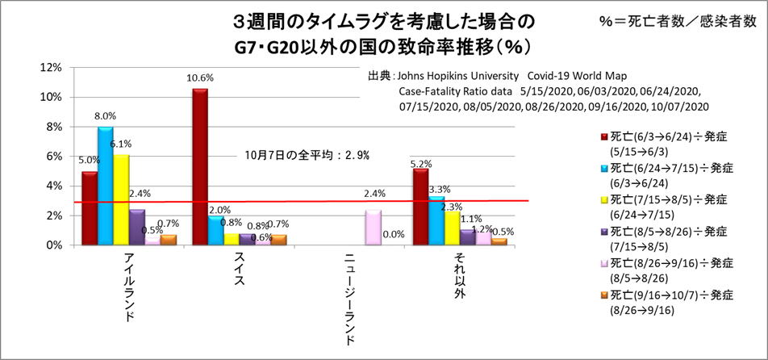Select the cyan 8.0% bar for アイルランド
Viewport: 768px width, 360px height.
point(106,186)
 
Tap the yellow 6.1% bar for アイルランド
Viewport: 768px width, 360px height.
point(121,199)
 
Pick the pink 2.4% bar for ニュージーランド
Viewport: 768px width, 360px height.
point(373,227)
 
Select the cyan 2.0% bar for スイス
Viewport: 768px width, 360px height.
point(216,230)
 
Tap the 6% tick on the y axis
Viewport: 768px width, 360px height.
point(53,156)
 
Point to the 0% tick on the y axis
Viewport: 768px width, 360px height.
point(53,245)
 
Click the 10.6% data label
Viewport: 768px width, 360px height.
point(201,78)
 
